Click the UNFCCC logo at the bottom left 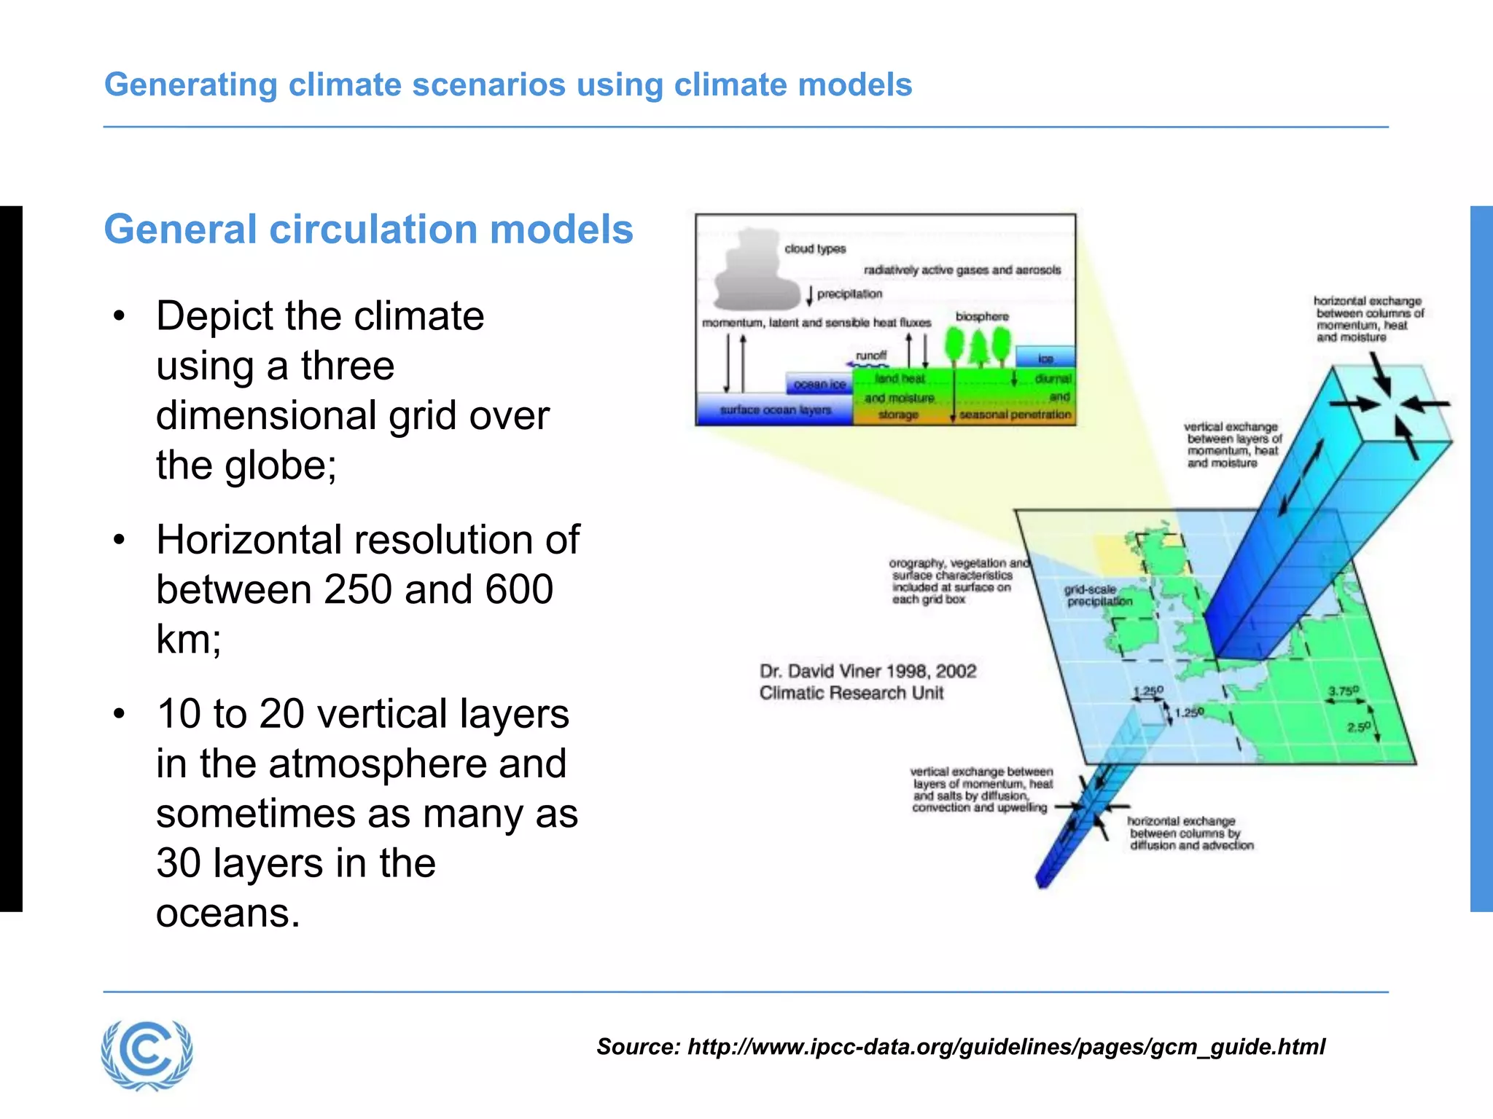point(147,1054)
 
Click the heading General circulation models point(368,229)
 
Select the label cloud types point(815,249)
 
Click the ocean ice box point(819,384)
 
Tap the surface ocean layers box point(775,410)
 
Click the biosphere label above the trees point(982,317)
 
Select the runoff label point(871,356)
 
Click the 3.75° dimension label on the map point(1343,691)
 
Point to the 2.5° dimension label point(1358,727)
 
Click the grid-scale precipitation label point(1098,595)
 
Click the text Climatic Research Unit point(851,693)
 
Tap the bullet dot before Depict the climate point(119,316)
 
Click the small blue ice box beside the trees point(1045,358)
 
